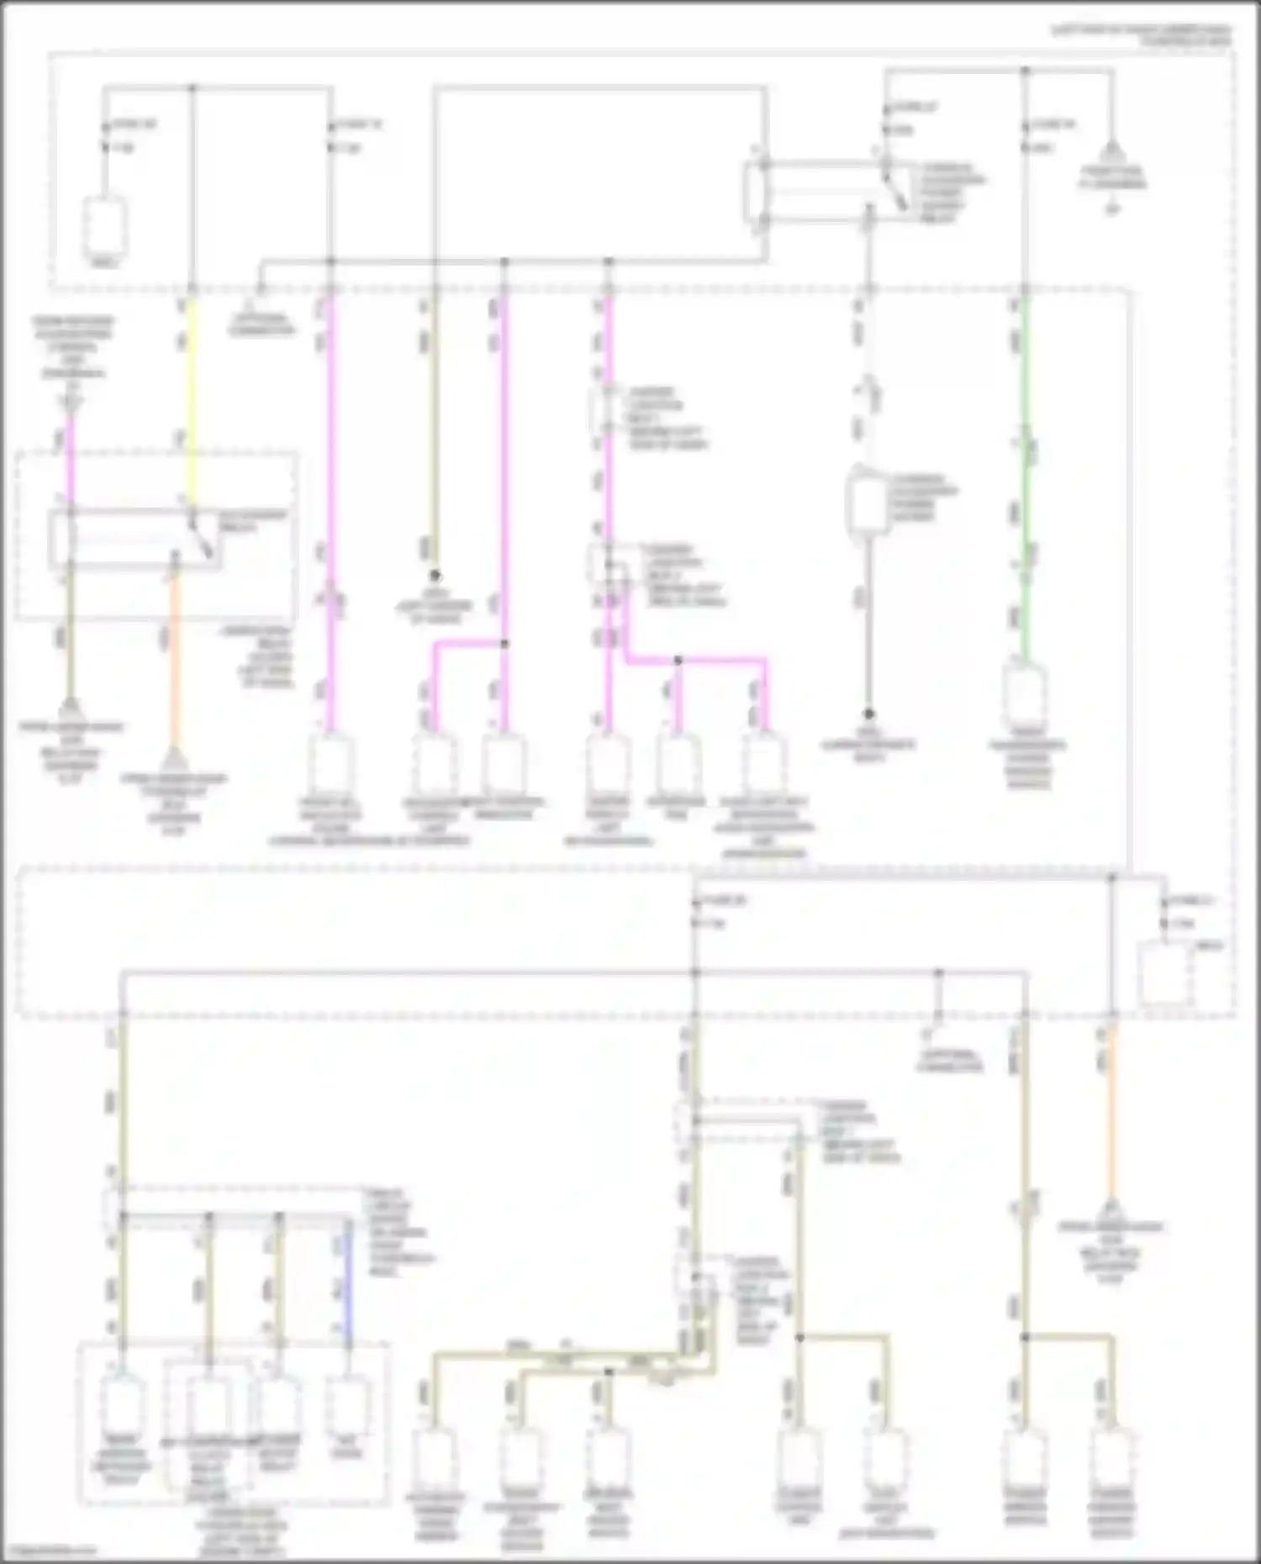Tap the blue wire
347,1286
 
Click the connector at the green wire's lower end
1025,689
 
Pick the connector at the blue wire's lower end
347,1399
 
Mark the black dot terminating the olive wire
435,576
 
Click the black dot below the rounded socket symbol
870,714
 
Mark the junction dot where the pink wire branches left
504,644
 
